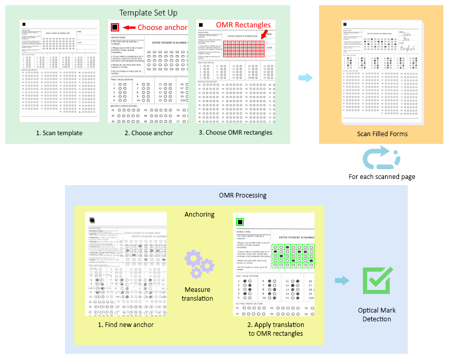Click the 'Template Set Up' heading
click(x=148, y=12)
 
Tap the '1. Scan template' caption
click(x=59, y=133)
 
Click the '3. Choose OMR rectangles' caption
click(x=236, y=133)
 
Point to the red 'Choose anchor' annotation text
click(x=162, y=27)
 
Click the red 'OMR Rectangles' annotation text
click(x=243, y=25)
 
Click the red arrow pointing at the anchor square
click(x=129, y=27)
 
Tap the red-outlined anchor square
click(x=115, y=27)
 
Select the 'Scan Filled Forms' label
click(x=382, y=134)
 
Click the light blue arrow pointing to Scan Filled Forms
click(x=306, y=78)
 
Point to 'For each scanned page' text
click(x=381, y=177)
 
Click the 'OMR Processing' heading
click(x=236, y=195)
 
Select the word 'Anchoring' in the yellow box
click(x=199, y=215)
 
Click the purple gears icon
click(x=198, y=264)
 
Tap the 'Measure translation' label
click(x=197, y=294)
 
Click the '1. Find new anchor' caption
click(x=126, y=324)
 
